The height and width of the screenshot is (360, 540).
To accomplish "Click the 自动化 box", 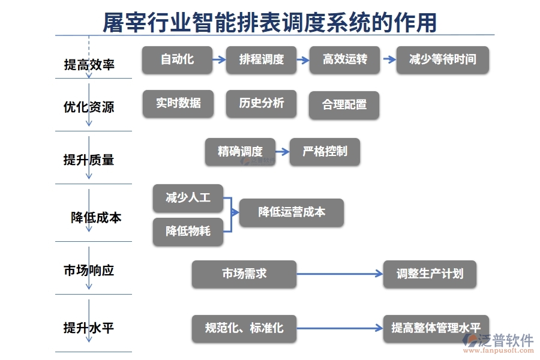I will (177, 60).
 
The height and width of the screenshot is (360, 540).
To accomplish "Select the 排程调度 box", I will (261, 60).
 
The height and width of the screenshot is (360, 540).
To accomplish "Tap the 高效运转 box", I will (344, 60).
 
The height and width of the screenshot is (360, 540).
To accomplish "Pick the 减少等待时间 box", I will (443, 60).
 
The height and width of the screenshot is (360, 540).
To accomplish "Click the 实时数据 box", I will (178, 103).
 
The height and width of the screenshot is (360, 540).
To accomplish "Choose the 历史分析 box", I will (261, 103).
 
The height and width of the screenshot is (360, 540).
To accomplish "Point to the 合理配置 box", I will (344, 105).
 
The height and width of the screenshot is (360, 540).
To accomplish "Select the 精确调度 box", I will (240, 152).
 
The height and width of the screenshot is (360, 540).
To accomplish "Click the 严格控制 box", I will (325, 152).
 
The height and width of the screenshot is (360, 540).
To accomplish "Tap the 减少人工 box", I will (188, 197).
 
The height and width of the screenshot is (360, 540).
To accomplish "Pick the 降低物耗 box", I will (188, 232).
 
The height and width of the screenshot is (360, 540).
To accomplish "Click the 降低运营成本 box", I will (292, 212).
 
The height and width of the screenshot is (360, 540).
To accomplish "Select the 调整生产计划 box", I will (430, 274).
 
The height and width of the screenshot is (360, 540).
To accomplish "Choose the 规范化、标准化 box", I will (244, 328).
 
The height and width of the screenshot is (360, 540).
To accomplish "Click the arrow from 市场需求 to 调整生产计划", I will (340, 274).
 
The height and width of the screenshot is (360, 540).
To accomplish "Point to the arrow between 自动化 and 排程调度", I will (219, 60).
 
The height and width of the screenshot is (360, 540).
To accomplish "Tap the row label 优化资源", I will (89, 107).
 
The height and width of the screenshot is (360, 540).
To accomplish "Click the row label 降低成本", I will (96, 217).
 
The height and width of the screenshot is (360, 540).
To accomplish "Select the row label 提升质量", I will (89, 160).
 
